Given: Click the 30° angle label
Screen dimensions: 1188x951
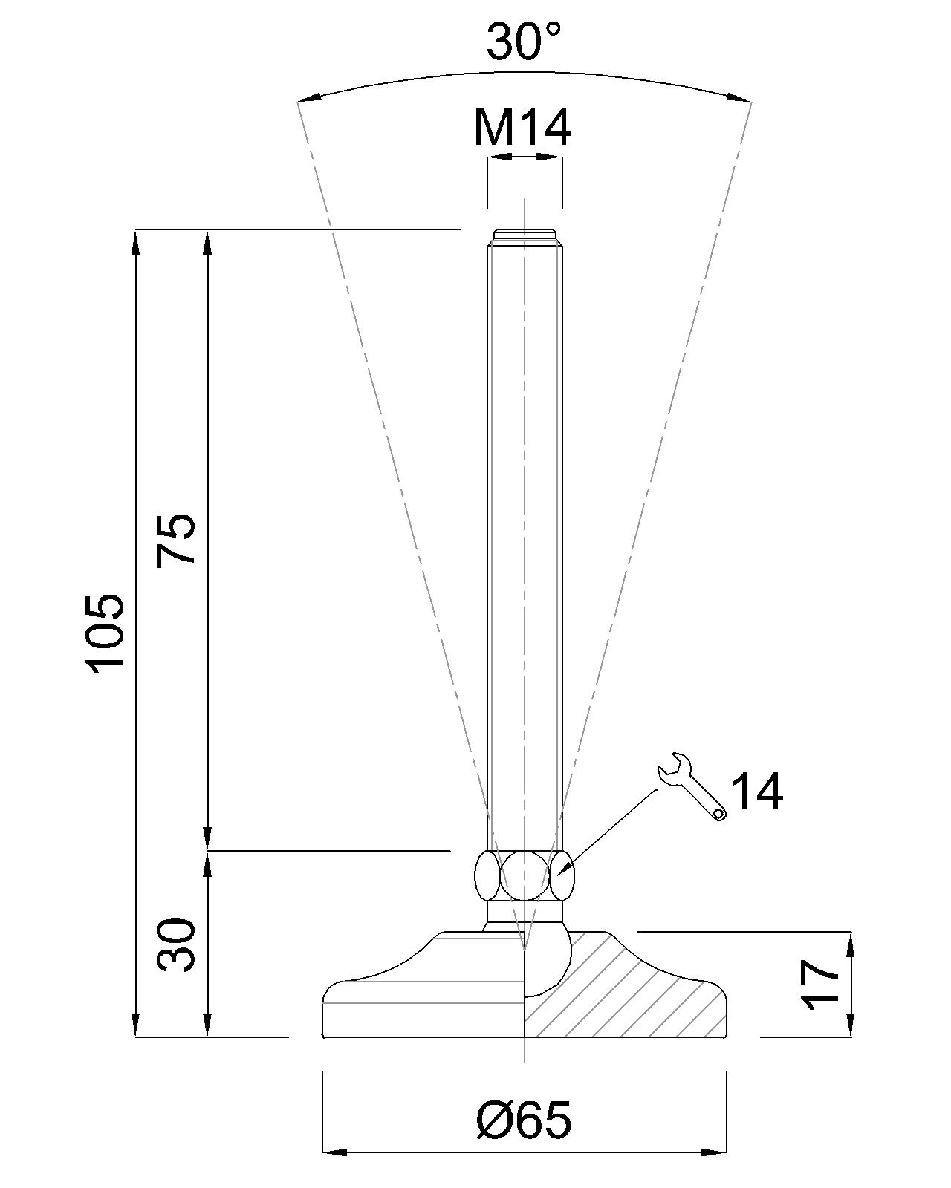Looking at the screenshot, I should pyautogui.click(x=524, y=42).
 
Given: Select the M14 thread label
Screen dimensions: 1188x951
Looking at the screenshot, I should pyautogui.click(x=523, y=128).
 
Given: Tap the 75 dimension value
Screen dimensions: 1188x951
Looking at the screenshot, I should pyautogui.click(x=177, y=540).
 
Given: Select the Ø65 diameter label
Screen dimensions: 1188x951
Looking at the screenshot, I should pyautogui.click(x=524, y=1119).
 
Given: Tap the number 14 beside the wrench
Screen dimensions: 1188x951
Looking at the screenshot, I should pyautogui.click(x=757, y=792).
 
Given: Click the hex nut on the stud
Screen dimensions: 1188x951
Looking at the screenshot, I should pyautogui.click(x=525, y=876).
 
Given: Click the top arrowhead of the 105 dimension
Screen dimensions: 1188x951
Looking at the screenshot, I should pyautogui.click(x=135, y=242).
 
